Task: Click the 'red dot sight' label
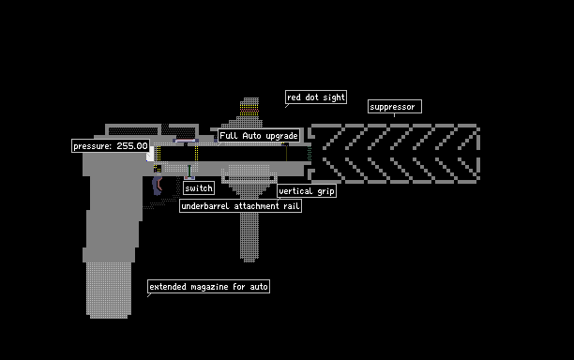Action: pyautogui.click(x=316, y=97)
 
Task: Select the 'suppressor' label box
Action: pyautogui.click(x=395, y=107)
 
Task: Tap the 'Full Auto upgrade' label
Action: pyautogui.click(x=259, y=135)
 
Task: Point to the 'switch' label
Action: pyautogui.click(x=199, y=188)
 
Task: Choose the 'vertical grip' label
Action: pyautogui.click(x=307, y=190)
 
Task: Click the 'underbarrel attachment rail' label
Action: pyautogui.click(x=240, y=205)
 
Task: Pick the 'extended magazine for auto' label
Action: pyautogui.click(x=208, y=287)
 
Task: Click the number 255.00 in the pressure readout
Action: pyautogui.click(x=132, y=146)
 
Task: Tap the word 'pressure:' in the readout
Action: pyautogui.click(x=93, y=146)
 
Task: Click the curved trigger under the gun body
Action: pyautogui.click(x=158, y=186)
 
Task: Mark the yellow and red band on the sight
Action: pyautogui.click(x=249, y=110)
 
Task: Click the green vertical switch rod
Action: pyautogui.click(x=189, y=171)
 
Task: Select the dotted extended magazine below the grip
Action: pyautogui.click(x=109, y=290)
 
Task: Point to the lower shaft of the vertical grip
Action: pyautogui.click(x=249, y=237)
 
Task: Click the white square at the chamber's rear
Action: pyautogui.click(x=150, y=154)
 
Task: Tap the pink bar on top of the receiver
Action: pyautogui.click(x=186, y=141)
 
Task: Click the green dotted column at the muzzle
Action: pyautogui.click(x=310, y=154)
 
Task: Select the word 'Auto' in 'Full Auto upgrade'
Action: pyautogui.click(x=252, y=135)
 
